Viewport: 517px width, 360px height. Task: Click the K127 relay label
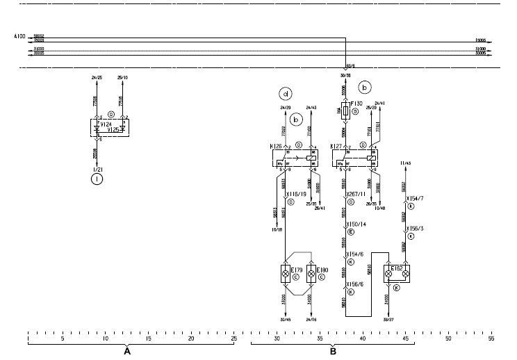(x=336, y=147)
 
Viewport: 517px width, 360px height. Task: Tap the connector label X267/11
(x=358, y=195)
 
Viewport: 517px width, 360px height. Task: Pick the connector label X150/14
(x=358, y=224)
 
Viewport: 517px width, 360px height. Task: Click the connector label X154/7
(x=417, y=199)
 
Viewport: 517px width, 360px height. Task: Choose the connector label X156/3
(x=417, y=228)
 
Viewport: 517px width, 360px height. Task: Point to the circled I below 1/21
(x=96, y=179)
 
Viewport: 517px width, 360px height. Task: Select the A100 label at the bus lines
(x=19, y=35)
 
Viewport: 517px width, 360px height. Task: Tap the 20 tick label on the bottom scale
(x=191, y=338)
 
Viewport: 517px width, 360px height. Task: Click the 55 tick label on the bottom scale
(x=491, y=338)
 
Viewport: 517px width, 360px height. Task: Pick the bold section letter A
(x=127, y=352)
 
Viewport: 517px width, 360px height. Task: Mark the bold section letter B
(x=333, y=352)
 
